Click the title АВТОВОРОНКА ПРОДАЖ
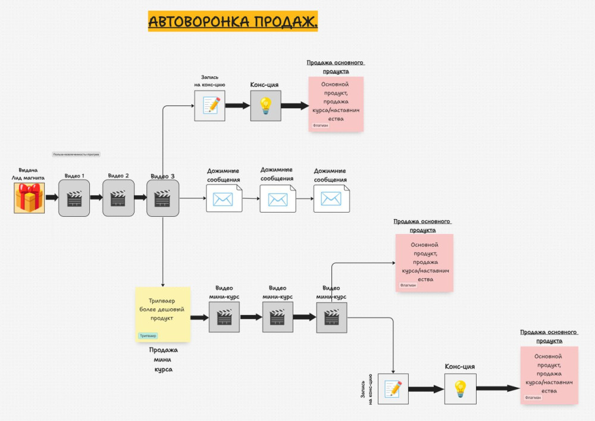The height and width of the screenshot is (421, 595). coord(233,21)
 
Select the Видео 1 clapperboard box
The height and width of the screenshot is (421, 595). coord(74,198)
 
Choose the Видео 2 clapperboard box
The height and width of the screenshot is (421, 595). coord(118,198)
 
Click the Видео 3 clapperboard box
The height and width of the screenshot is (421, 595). coord(162,198)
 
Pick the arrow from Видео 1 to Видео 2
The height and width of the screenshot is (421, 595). coord(96,198)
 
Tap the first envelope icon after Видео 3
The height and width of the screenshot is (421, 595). coord(224,198)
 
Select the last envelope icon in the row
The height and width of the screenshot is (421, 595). coord(331,198)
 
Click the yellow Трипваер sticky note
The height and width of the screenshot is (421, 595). coord(162,314)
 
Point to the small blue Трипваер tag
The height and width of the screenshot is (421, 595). coord(148,336)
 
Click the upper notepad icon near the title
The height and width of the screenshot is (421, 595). coord(210,105)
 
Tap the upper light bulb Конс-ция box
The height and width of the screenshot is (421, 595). coord(265,105)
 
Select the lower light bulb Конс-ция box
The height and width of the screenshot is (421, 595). coord(460,389)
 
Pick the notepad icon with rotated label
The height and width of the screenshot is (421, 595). coord(393,389)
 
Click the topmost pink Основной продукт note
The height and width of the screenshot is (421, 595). coord(336,104)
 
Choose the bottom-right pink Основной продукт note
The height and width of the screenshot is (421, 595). coord(549,375)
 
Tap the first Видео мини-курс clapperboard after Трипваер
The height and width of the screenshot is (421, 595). coord(224,317)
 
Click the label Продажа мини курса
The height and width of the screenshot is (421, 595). coord(163,360)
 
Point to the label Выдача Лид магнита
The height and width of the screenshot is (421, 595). coord(28,173)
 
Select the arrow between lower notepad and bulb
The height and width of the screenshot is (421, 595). coord(426,389)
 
